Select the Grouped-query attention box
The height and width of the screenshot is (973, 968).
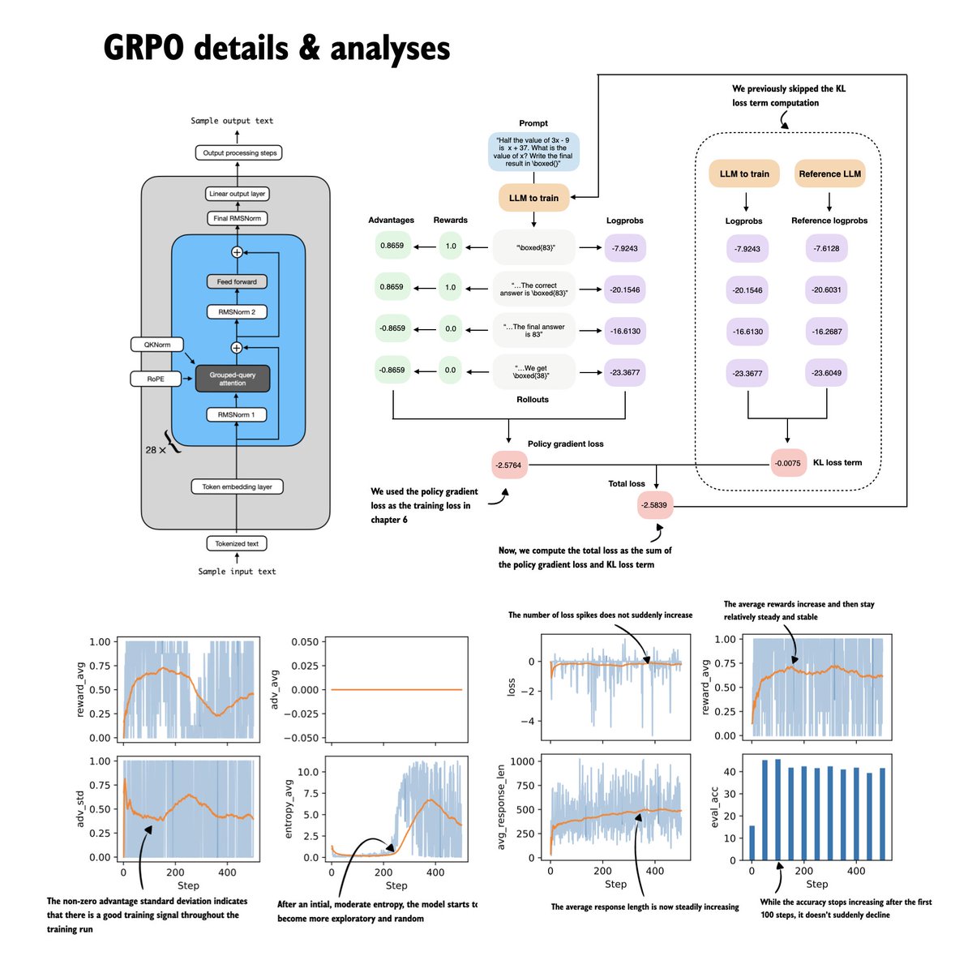pos(233,379)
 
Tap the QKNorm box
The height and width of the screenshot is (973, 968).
pos(156,345)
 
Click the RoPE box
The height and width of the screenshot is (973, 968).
pos(156,379)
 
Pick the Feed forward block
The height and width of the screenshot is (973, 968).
pos(237,282)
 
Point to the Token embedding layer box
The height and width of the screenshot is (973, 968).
pos(237,486)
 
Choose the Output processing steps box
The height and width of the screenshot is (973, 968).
pos(239,152)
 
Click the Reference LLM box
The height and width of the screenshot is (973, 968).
pos(829,174)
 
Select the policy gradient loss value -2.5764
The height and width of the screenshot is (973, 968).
pos(509,465)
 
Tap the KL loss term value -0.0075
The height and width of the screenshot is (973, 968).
pos(788,463)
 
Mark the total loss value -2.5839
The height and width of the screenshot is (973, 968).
pos(655,505)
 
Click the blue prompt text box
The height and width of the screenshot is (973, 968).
pos(533,152)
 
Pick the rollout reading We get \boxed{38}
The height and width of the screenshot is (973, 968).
pos(533,373)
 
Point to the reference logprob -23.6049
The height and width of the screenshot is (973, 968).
pos(827,374)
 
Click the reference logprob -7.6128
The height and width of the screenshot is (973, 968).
pos(827,249)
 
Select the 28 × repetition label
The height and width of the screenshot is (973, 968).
pos(156,448)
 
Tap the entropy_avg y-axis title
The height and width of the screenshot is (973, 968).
pos(290,808)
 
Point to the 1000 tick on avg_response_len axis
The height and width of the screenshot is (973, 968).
pos(531,761)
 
